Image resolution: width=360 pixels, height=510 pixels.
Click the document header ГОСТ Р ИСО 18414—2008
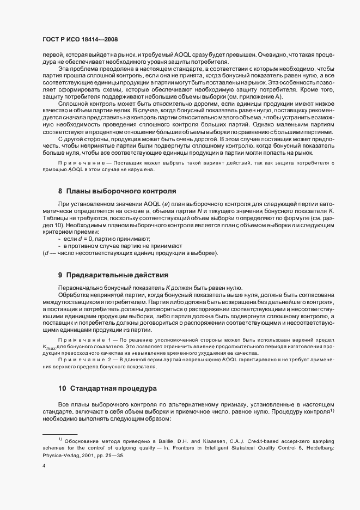(x=80, y=40)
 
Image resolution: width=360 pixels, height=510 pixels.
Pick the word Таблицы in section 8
(x=56, y=218)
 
